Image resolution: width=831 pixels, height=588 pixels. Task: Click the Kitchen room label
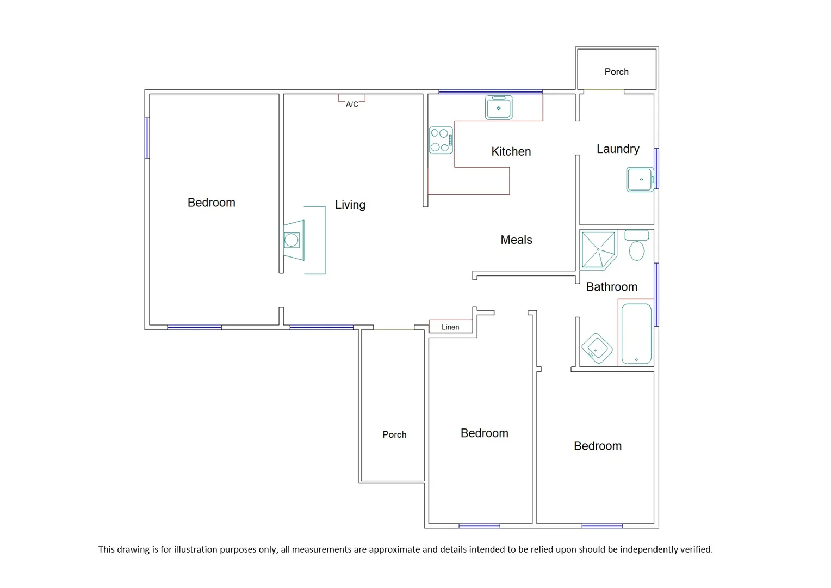pyautogui.click(x=511, y=151)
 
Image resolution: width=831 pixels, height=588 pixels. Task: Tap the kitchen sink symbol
pyautogui.click(x=498, y=108)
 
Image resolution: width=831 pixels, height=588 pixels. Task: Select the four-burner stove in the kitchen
pyautogui.click(x=441, y=140)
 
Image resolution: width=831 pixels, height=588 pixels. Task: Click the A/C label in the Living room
pyautogui.click(x=352, y=104)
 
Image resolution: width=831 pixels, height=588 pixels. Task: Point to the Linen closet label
pyautogui.click(x=450, y=327)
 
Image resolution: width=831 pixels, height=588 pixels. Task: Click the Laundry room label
pyautogui.click(x=618, y=149)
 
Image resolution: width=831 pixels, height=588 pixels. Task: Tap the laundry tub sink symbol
pyautogui.click(x=640, y=179)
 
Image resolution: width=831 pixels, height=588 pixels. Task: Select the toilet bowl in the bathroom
pyautogui.click(x=637, y=250)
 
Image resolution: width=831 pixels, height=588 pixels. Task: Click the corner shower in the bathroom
pyautogui.click(x=598, y=250)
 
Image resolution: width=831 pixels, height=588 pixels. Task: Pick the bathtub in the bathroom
pyautogui.click(x=636, y=333)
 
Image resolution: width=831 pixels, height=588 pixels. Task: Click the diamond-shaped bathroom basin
pyautogui.click(x=597, y=347)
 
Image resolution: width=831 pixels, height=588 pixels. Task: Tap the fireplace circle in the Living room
pyautogui.click(x=292, y=240)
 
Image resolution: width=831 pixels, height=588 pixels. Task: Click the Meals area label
pyautogui.click(x=516, y=240)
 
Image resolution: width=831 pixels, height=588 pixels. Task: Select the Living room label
pyautogui.click(x=350, y=205)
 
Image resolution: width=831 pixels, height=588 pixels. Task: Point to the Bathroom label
pyautogui.click(x=611, y=287)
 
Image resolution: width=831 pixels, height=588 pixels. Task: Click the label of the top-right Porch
pyautogui.click(x=616, y=71)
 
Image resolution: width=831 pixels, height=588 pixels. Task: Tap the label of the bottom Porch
pyautogui.click(x=394, y=434)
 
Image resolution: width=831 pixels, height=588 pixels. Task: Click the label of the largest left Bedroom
pyautogui.click(x=211, y=203)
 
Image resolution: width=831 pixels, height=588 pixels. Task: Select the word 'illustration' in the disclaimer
pyautogui.click(x=190, y=549)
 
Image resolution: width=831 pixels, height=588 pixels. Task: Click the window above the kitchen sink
pyautogui.click(x=490, y=91)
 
